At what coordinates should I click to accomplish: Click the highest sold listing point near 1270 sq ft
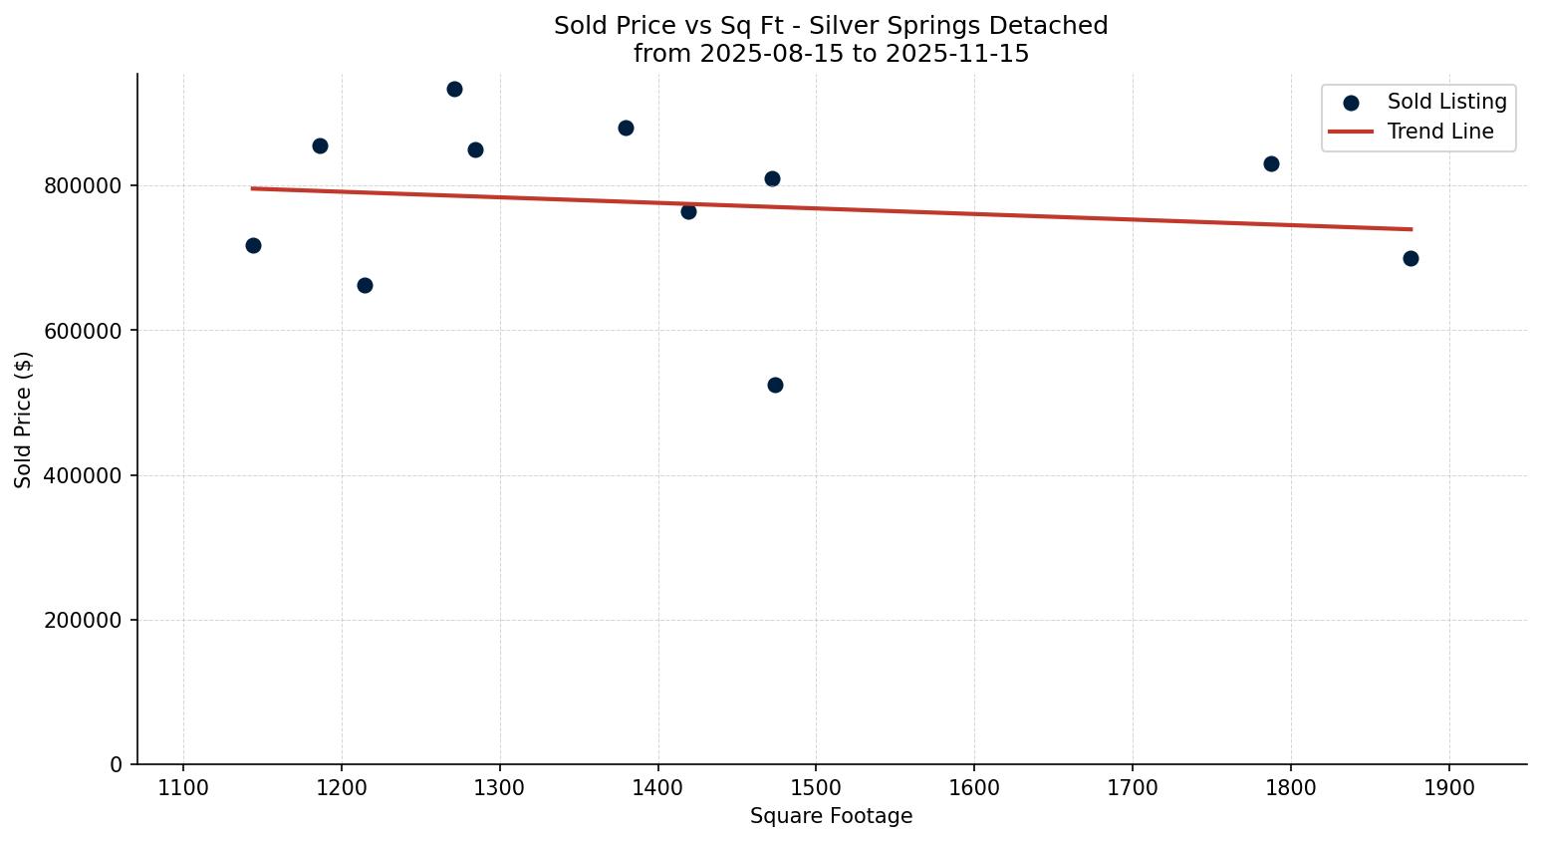tap(454, 89)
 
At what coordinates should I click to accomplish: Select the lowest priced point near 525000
tap(775, 385)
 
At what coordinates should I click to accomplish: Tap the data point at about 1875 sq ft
tap(1411, 258)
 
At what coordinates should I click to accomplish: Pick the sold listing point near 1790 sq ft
tap(1271, 163)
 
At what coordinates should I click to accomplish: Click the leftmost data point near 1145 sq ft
tap(253, 245)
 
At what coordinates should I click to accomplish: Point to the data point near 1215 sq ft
tap(365, 285)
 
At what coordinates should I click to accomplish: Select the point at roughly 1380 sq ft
tap(626, 128)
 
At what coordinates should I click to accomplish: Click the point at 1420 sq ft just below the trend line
tap(688, 211)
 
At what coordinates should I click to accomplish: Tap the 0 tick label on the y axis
tap(117, 765)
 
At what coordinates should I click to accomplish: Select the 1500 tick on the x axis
tap(816, 788)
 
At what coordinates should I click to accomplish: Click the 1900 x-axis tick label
tap(1448, 788)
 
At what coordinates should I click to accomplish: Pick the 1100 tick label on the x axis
tap(183, 788)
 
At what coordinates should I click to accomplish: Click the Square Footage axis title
tap(831, 817)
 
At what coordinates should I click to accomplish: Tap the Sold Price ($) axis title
tap(23, 420)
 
